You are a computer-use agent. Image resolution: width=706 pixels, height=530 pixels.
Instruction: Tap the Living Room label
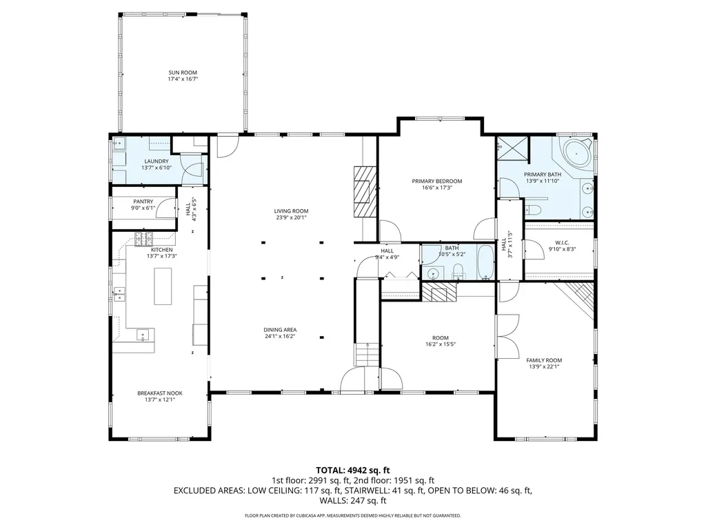click(291, 211)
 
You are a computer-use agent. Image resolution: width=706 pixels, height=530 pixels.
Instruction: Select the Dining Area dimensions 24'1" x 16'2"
click(291, 337)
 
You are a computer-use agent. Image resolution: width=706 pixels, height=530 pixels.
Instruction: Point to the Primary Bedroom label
click(436, 181)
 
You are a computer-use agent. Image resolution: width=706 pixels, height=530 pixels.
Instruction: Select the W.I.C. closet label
click(561, 242)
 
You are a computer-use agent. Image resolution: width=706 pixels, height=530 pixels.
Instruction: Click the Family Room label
click(544, 360)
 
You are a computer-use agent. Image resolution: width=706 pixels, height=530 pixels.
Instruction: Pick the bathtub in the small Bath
click(485, 262)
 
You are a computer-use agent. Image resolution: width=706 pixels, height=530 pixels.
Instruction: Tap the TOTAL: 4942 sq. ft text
click(352, 470)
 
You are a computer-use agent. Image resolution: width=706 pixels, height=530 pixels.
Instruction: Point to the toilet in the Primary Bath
click(534, 210)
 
